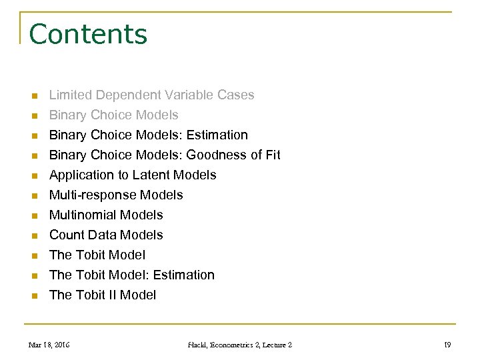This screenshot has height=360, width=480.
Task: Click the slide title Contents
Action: (88, 34)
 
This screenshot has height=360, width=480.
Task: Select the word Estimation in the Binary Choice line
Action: (217, 135)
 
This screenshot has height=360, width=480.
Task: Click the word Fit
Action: (271, 155)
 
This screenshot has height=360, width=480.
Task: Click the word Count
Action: (67, 235)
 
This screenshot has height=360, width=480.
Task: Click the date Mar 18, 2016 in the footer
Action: (49, 345)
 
